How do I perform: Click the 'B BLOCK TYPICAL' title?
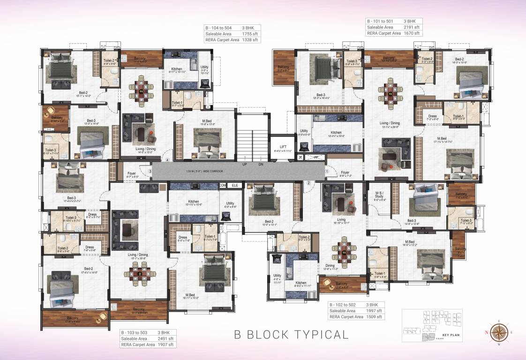[291, 335]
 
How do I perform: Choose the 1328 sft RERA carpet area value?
[250, 40]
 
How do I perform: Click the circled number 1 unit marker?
[327, 172]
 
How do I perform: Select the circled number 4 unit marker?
[167, 160]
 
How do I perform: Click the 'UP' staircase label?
[245, 165]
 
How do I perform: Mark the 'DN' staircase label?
[261, 165]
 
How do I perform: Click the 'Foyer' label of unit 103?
[132, 173]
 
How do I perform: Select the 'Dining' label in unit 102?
[330, 265]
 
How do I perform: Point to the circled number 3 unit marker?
[150, 172]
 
